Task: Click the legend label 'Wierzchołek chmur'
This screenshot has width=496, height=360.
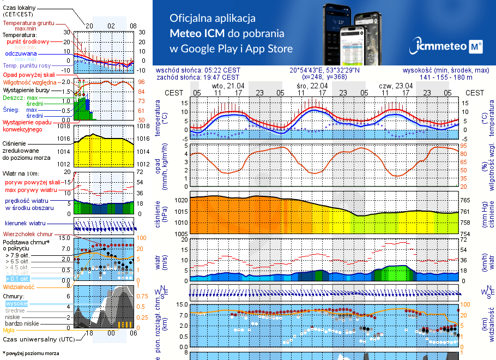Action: (27, 233)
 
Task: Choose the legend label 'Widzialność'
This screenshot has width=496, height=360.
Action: (19, 286)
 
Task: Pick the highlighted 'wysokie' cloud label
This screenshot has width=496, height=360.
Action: (16, 303)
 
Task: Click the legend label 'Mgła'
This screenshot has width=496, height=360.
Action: (9, 329)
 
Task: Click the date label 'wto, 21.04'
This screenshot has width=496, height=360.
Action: (228, 86)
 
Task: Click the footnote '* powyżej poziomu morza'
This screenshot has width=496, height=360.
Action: (31, 353)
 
